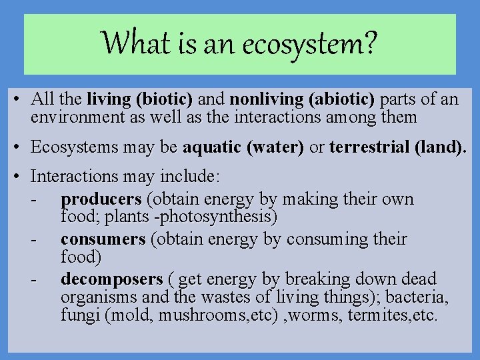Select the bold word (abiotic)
click(x=342, y=101)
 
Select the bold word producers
click(x=101, y=199)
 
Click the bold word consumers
click(x=103, y=239)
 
